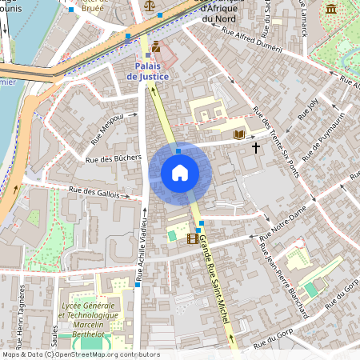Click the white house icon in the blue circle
tap(180, 173)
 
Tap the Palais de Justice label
tap(147, 71)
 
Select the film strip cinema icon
tap(192, 238)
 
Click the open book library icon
tap(238, 135)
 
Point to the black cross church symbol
tap(256, 147)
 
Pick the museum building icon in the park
tap(331, 9)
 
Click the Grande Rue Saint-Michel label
tap(214, 280)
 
